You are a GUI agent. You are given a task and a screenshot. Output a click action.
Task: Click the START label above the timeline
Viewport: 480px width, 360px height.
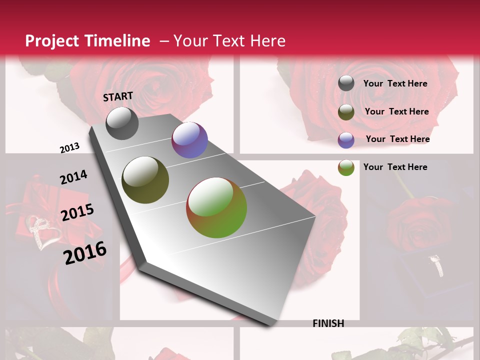click(x=118, y=96)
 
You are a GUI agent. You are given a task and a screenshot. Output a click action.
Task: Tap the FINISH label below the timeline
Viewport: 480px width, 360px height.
click(x=328, y=323)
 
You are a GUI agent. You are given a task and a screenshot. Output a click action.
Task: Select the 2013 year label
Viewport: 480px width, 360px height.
click(x=69, y=148)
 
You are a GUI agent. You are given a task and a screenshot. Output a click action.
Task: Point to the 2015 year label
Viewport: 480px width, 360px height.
click(x=77, y=212)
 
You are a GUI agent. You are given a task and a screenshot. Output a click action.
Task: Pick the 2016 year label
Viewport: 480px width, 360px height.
click(x=85, y=252)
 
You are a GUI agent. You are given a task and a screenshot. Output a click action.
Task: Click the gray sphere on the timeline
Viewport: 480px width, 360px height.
click(x=122, y=123)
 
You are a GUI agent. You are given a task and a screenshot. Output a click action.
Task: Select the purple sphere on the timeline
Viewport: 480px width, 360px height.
click(x=189, y=140)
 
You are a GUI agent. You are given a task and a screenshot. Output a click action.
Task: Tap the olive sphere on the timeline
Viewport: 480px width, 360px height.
click(x=145, y=180)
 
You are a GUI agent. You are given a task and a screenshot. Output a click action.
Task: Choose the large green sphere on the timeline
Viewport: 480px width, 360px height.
click(x=216, y=207)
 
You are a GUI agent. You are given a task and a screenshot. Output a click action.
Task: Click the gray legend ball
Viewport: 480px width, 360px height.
click(x=346, y=83)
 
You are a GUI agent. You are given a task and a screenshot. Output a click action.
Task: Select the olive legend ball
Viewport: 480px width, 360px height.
click(x=346, y=112)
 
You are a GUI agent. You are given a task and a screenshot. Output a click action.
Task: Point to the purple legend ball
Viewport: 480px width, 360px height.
click(x=346, y=140)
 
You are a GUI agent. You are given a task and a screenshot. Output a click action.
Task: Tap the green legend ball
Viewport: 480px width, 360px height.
click(x=346, y=167)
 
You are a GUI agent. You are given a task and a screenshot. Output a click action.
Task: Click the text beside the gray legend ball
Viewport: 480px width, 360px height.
click(x=395, y=84)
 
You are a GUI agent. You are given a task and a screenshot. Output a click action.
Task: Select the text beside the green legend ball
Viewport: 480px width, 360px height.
click(x=395, y=167)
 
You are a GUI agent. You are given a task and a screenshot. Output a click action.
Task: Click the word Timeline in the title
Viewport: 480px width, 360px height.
click(x=118, y=41)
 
